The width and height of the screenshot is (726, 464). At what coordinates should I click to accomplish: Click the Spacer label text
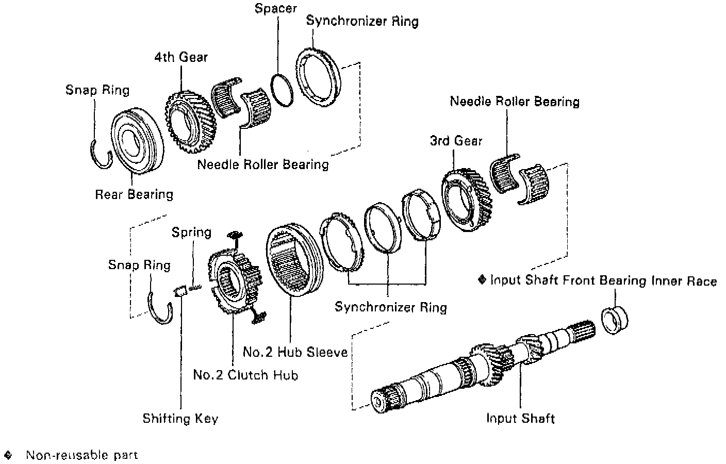click(275, 9)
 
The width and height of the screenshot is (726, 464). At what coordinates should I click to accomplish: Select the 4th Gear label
click(180, 56)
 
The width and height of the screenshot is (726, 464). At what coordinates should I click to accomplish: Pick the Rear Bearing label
click(134, 194)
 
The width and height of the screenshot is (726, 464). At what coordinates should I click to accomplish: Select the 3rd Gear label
click(456, 141)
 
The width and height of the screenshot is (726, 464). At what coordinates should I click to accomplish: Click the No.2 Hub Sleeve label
click(295, 352)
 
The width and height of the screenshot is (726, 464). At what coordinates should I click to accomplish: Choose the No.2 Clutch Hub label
click(245, 375)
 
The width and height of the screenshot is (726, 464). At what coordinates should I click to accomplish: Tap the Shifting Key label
click(180, 418)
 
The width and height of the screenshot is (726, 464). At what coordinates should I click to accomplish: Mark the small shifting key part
click(180, 291)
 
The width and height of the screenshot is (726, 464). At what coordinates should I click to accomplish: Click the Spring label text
click(192, 232)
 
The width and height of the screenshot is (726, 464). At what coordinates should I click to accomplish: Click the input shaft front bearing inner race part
click(615, 320)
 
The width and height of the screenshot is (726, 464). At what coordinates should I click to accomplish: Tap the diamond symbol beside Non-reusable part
click(8, 455)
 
